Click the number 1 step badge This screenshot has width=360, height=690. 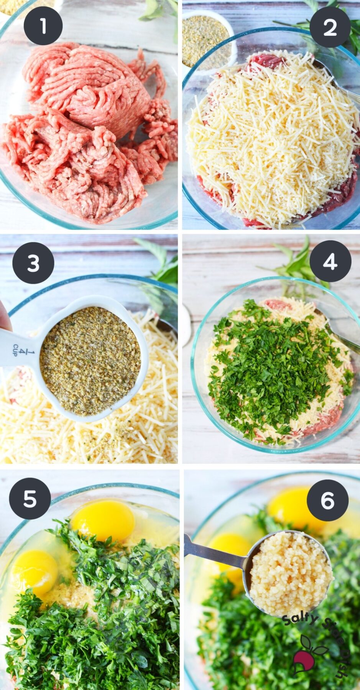pyautogui.click(x=43, y=26)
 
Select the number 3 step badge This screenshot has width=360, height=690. pyautogui.click(x=33, y=263)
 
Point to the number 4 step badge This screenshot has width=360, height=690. pyautogui.click(x=330, y=261)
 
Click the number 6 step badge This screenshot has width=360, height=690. pyautogui.click(x=328, y=500)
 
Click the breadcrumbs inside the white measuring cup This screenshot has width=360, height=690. pyautogui.click(x=90, y=360)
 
